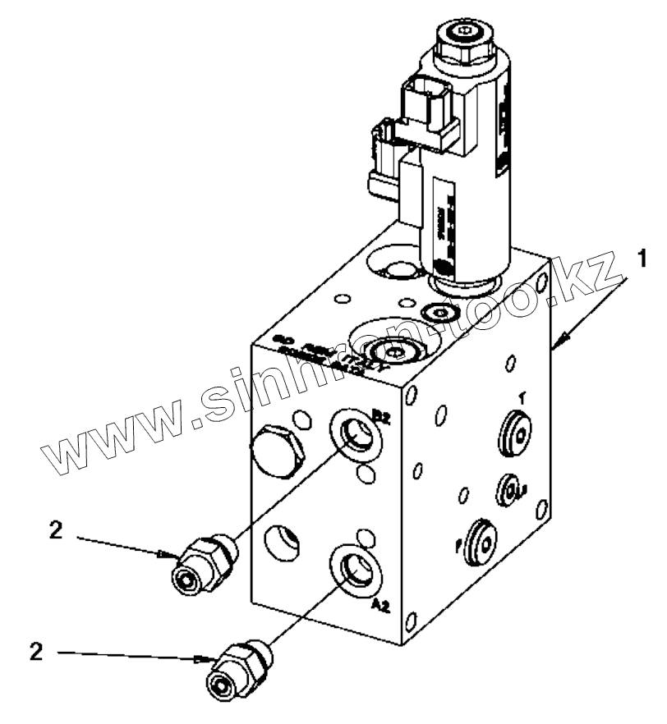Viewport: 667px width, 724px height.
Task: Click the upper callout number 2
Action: click(56, 531)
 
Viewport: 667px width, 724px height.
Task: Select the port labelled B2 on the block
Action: click(356, 434)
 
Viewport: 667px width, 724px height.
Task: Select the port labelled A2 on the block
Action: click(356, 567)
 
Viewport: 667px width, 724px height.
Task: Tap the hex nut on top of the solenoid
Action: click(463, 41)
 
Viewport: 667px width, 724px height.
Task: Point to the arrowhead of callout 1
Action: click(559, 339)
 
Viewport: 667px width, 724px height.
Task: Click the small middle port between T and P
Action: click(508, 489)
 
